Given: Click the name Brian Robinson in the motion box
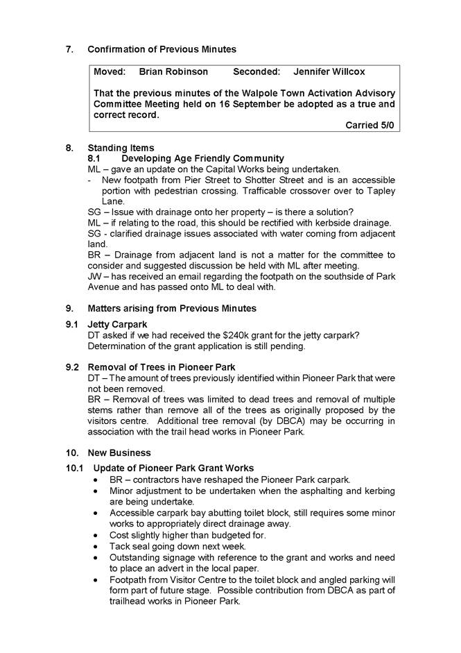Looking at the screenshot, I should click(173, 71).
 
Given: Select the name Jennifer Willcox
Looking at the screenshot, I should click(329, 71).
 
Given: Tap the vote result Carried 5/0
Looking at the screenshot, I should click(370, 125).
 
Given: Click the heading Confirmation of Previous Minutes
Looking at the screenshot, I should click(162, 49).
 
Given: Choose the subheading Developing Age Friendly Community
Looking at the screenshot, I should click(202, 158).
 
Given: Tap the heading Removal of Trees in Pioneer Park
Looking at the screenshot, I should click(162, 367).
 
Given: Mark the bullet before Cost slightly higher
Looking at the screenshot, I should click(96, 535).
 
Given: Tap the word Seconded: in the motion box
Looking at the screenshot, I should click(256, 71).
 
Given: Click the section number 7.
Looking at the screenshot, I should click(69, 49).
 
